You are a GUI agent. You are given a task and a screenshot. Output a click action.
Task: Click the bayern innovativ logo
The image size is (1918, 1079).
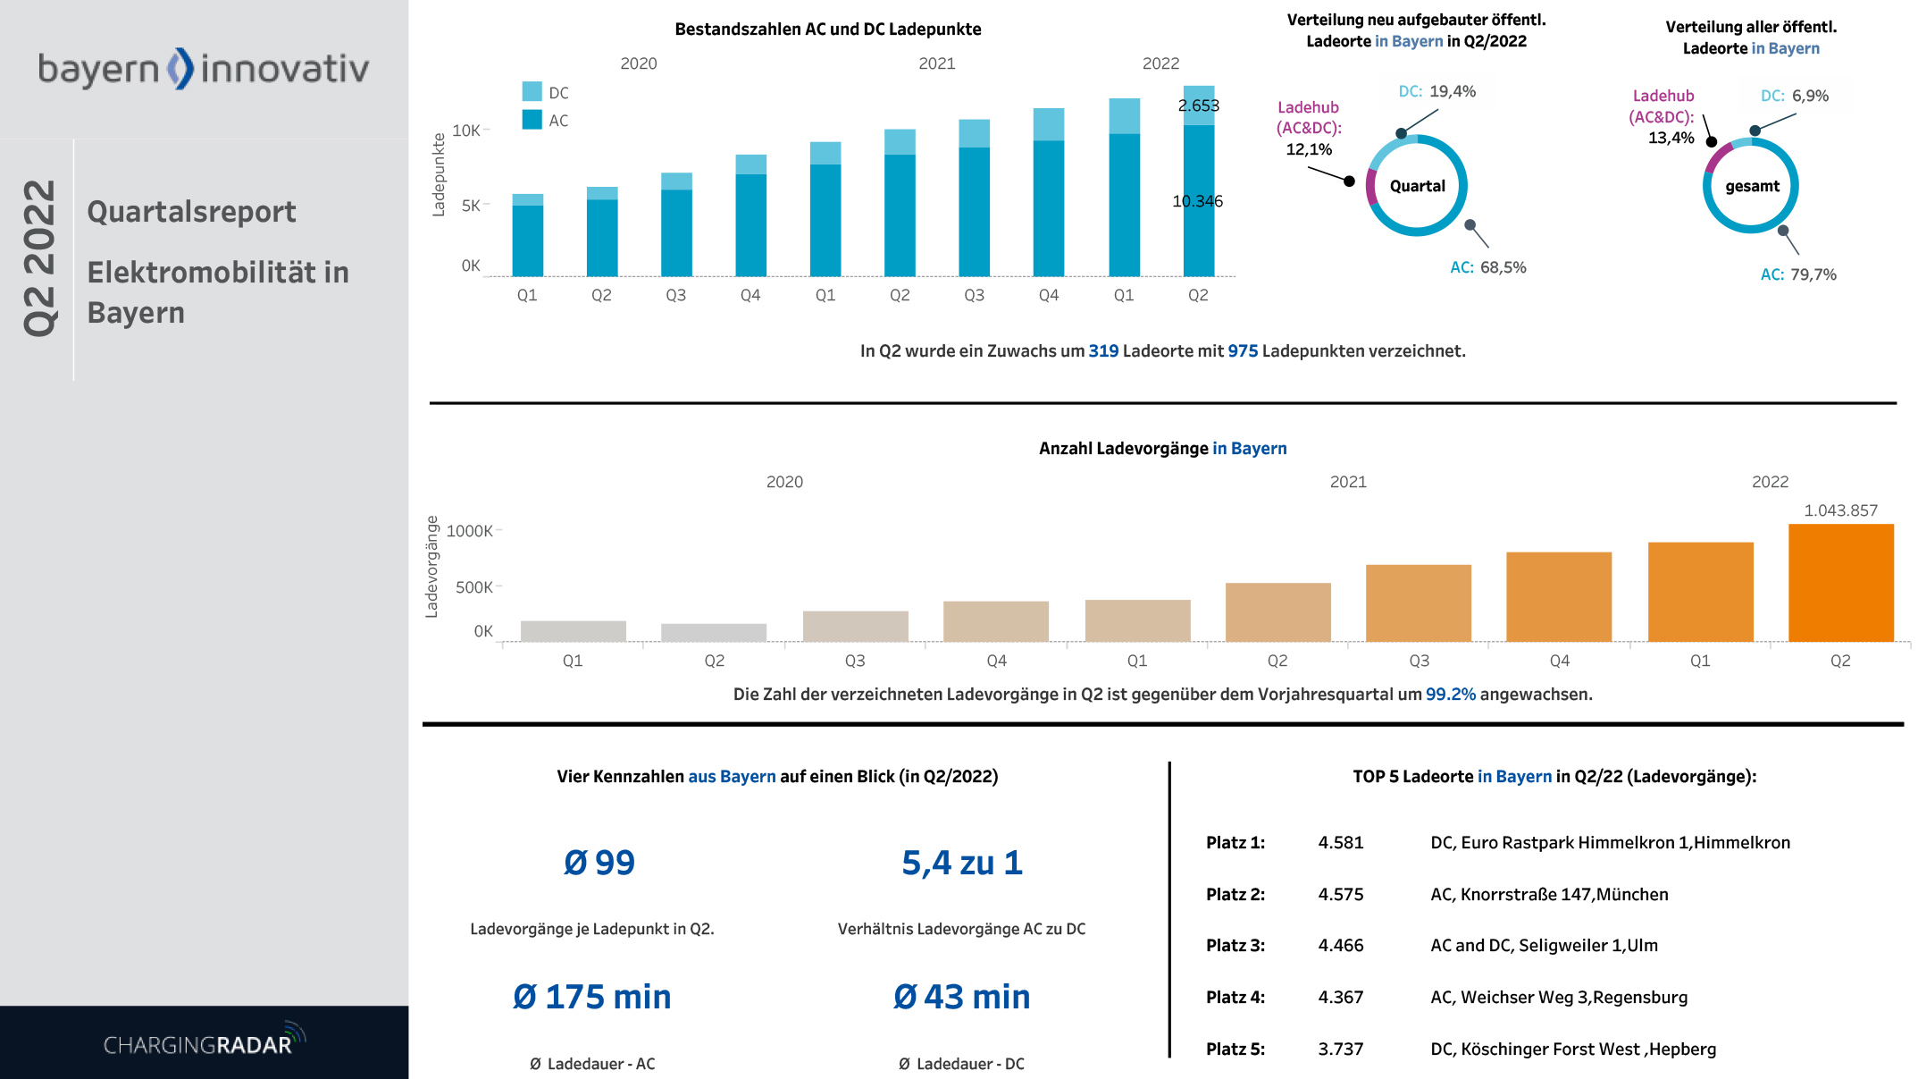[x=203, y=69]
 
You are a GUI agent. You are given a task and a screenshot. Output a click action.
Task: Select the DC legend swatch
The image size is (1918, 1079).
[x=532, y=92]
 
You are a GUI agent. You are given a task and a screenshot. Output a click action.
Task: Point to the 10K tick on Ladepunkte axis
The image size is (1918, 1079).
[x=466, y=131]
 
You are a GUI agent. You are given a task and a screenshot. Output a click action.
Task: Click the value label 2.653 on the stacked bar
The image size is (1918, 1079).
[x=1198, y=105]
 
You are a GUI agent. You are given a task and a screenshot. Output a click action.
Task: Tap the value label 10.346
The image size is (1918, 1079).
[x=1197, y=201]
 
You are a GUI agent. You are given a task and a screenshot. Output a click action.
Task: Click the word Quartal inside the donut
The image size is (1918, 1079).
[x=1417, y=186]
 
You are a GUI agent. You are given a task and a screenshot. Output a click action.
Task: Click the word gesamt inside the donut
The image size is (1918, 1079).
[x=1752, y=186]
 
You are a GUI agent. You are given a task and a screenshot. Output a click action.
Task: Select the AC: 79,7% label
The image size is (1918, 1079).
[x=1797, y=274]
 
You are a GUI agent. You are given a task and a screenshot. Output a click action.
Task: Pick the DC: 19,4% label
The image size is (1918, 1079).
[x=1436, y=91]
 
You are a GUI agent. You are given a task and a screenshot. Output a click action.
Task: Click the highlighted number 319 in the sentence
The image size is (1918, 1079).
[x=1103, y=351]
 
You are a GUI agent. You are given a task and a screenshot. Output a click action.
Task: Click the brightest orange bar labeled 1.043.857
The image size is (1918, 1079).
[x=1840, y=582]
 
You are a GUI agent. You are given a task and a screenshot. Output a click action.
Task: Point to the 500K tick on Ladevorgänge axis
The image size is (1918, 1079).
[x=473, y=587]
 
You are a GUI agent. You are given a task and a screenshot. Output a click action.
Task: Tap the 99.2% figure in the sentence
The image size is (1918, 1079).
[x=1450, y=695]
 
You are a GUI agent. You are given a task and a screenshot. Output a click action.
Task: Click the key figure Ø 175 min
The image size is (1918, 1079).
[x=591, y=997]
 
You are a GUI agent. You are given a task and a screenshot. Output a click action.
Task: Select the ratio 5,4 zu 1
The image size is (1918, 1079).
[x=961, y=863]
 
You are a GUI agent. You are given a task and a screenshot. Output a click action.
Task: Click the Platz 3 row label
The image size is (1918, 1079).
[x=1235, y=946]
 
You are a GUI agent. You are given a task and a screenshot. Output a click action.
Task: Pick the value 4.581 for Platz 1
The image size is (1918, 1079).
[x=1340, y=843]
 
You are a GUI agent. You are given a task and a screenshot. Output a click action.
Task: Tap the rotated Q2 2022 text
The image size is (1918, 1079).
[x=39, y=258]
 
